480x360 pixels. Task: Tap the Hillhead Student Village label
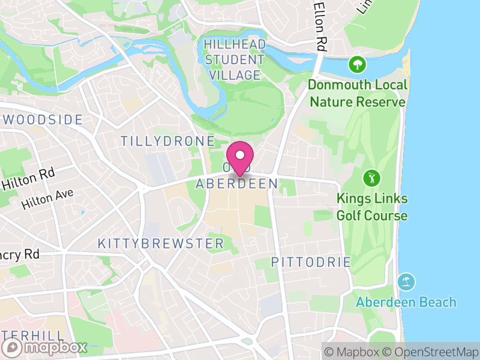pos(233,59)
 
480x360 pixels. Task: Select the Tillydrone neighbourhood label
pos(167,142)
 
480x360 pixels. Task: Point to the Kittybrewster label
pos(160,244)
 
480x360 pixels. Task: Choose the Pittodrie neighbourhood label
pos(311,262)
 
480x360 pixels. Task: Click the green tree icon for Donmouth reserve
pos(358,64)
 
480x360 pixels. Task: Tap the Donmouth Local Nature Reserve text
pos(357,93)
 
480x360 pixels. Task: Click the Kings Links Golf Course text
pos(371,207)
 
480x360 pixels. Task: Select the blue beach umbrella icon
pos(406,281)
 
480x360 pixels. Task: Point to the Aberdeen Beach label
pos(406,302)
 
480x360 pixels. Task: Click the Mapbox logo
pos(46,347)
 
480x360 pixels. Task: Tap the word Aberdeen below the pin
pos(236,184)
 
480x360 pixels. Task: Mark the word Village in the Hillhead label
pos(233,75)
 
